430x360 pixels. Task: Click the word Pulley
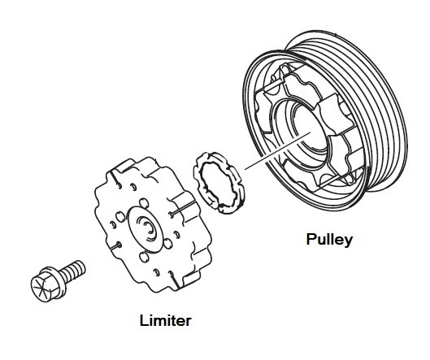coord(329,240)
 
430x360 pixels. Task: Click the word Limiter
coord(165,320)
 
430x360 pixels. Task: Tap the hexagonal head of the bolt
coord(45,285)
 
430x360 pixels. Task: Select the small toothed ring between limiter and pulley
coord(219,183)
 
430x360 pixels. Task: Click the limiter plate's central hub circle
coord(146,228)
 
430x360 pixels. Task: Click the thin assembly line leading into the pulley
coord(277,150)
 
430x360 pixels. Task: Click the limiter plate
coord(153,223)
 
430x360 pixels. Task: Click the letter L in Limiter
coord(144,320)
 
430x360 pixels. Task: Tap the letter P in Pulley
coord(311,239)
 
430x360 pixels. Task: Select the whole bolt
coord(59,281)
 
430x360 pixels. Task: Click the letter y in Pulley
coord(348,242)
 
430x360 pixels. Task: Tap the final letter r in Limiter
coord(188,322)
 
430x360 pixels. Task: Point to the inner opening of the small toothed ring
coord(219,183)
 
